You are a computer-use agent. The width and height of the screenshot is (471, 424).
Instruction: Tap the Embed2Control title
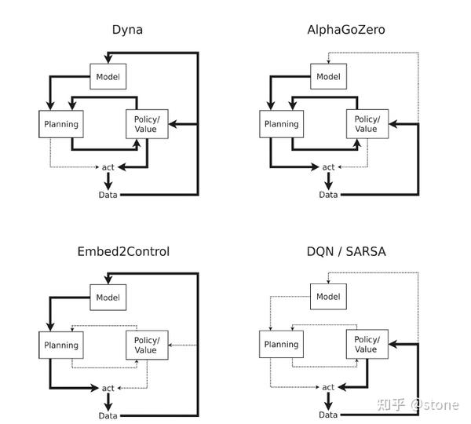pos(123,251)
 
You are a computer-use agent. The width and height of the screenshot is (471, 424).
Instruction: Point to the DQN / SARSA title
pos(342,251)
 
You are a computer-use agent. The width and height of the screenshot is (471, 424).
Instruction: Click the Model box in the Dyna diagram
pos(108,76)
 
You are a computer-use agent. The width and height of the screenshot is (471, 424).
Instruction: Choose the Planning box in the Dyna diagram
pos(60,124)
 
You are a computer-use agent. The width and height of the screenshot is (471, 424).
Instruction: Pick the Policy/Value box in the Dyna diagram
pos(147,124)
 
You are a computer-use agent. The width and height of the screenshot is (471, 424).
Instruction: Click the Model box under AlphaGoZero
pos(328,76)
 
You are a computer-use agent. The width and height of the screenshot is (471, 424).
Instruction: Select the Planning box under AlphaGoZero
pos(280,124)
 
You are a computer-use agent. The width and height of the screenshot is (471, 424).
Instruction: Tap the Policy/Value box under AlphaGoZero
pos(367,124)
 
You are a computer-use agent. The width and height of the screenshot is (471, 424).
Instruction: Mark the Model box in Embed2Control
pos(108,297)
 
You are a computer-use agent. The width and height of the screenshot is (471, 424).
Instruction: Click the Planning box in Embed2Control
pos(60,345)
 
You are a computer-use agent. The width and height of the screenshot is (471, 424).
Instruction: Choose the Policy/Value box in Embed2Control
pos(147,345)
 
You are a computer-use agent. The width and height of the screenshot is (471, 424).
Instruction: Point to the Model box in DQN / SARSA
pos(328,297)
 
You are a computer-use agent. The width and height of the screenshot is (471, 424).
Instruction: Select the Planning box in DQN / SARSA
pos(280,345)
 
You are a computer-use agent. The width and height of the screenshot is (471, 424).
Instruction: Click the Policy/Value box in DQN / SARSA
pos(367,345)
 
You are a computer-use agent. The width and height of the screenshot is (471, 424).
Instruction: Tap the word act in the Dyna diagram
pos(108,167)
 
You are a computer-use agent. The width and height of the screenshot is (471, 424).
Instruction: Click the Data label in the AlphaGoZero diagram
pos(328,195)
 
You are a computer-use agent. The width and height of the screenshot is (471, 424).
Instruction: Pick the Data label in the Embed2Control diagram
pos(108,415)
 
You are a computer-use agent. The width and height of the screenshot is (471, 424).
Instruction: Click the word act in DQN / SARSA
pos(328,387)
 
